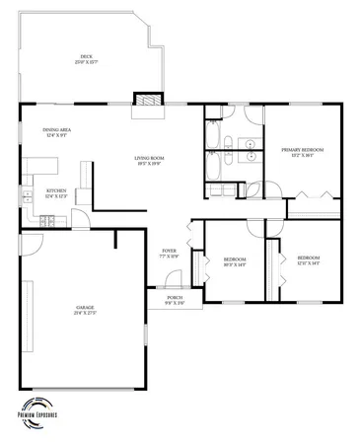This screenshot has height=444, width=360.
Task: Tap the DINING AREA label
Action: [56, 130]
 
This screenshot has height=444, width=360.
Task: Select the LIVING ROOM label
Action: [149, 158]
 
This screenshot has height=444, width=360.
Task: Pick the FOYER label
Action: [167, 253]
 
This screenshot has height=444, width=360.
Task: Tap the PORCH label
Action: [174, 297]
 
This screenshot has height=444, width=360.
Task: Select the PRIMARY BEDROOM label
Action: [303, 149]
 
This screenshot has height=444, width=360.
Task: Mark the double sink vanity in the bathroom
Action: [251, 148]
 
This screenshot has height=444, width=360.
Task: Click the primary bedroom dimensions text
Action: [303, 155]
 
